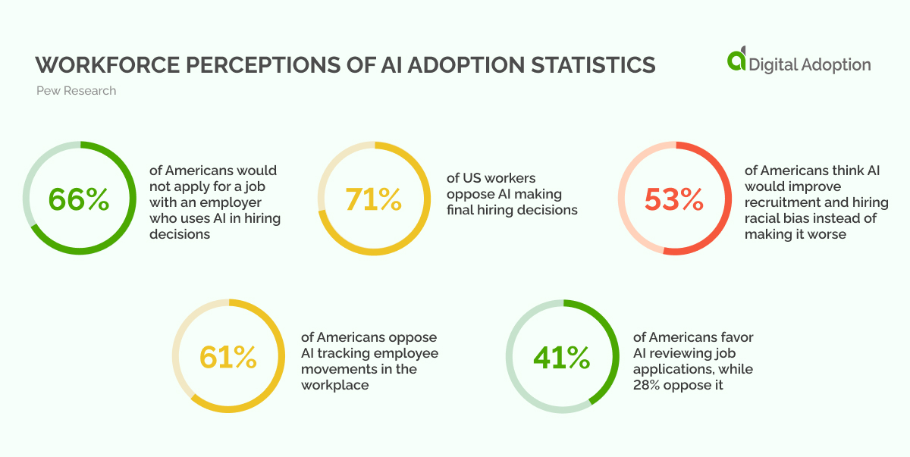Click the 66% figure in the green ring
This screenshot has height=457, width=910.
pos(79,199)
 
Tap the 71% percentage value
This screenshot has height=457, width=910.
pos(373,199)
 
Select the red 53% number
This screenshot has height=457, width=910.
pos(674,199)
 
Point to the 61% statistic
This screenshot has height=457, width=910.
pos(227,357)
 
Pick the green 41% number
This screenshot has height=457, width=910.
pos(561,357)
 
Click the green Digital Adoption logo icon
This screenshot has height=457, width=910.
pos(736,61)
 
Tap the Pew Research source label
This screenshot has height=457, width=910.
pos(76,91)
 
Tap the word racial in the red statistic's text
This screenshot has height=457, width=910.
pos(764,218)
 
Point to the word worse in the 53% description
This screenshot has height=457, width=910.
pos(826,234)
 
